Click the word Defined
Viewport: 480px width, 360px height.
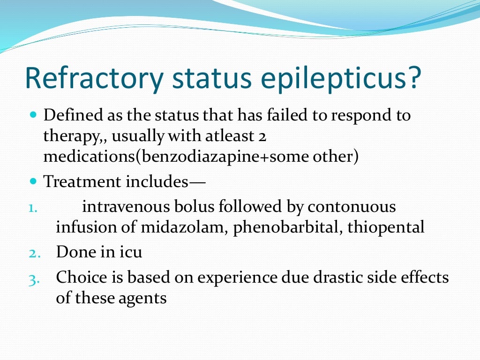pyautogui.click(x=70, y=115)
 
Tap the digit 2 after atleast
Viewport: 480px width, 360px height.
pyautogui.click(x=262, y=136)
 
